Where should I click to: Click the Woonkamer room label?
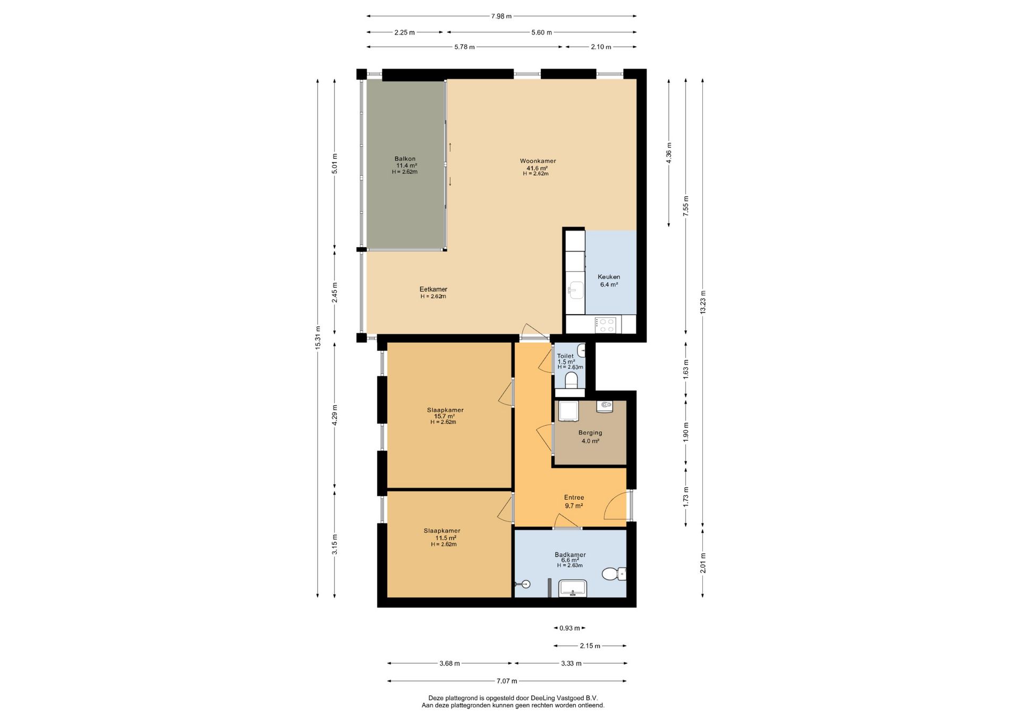click(x=538, y=161)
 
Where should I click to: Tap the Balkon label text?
click(x=405, y=159)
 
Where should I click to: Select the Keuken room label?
click(x=609, y=277)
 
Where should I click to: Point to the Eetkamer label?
click(x=433, y=290)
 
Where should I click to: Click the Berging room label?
click(x=590, y=433)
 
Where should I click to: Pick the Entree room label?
click(x=574, y=498)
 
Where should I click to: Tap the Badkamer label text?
click(x=570, y=555)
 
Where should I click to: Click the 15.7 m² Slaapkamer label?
click(x=445, y=410)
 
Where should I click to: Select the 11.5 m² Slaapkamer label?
click(x=442, y=531)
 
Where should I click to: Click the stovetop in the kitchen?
click(x=606, y=325)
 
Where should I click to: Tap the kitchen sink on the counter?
click(x=575, y=290)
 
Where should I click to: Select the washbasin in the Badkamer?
click(x=573, y=588)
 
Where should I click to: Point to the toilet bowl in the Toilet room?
click(x=571, y=380)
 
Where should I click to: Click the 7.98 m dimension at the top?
click(x=501, y=16)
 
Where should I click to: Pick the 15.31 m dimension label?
click(x=318, y=337)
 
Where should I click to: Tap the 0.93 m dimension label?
click(x=569, y=628)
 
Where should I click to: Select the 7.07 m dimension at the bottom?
click(x=507, y=681)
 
